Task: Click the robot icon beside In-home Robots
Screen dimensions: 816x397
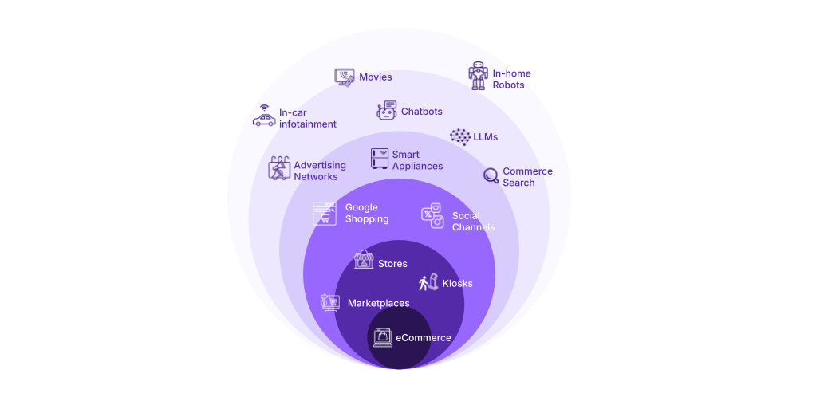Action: tap(478, 76)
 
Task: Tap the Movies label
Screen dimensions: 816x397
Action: tap(375, 77)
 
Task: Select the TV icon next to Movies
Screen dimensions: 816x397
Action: tap(345, 77)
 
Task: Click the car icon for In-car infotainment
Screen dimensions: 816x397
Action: tap(264, 116)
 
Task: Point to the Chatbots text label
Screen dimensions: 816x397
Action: tap(421, 112)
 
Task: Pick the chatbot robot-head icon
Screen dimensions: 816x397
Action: tap(387, 110)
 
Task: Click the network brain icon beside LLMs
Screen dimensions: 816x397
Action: tap(460, 137)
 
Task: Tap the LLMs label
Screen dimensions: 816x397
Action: tap(486, 137)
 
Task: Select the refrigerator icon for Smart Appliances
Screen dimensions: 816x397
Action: tap(380, 159)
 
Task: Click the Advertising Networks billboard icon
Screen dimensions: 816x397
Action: tap(279, 168)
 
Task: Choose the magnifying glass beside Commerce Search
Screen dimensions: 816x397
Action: tap(491, 176)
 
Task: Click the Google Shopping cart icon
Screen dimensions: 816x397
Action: tap(324, 214)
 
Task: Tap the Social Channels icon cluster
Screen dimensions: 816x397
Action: tap(432, 215)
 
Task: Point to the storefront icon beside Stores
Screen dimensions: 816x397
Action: tap(364, 260)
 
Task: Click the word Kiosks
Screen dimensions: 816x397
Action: tap(457, 284)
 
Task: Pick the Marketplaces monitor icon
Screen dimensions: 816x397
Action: tap(330, 303)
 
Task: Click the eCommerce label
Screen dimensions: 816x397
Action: tap(424, 338)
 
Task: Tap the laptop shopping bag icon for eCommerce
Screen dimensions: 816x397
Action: tap(383, 337)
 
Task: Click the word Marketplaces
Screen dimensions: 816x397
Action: tap(378, 304)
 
